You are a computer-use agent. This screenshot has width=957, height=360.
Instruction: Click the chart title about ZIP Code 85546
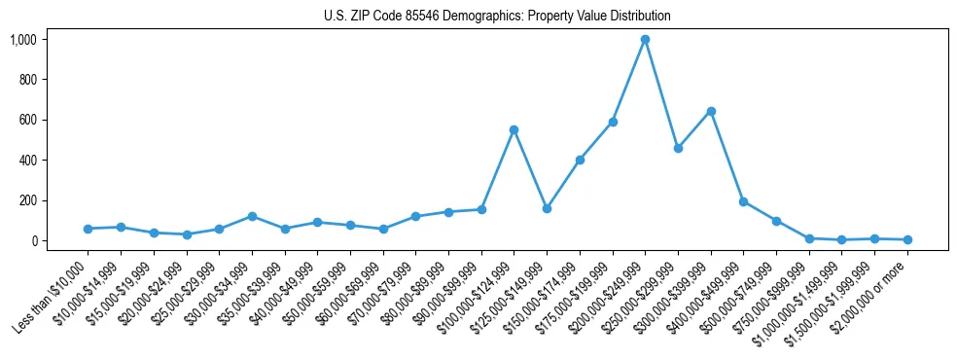point(497,17)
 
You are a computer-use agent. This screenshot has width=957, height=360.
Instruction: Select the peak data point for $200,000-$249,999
point(645,40)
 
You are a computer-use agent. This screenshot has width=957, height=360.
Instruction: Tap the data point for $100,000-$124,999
point(514,129)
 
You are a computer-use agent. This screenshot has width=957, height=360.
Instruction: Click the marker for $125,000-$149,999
point(547,208)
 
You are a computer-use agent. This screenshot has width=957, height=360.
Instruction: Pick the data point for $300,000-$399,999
point(711,111)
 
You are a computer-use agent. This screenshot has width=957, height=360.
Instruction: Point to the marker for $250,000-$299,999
point(678,148)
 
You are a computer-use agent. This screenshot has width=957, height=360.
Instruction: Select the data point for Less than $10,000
point(88,229)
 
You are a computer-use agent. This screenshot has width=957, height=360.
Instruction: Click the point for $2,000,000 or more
point(907,239)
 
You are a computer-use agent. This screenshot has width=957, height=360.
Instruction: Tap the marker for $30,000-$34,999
point(252,216)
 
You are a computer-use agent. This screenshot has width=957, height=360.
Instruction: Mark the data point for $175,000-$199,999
point(613,122)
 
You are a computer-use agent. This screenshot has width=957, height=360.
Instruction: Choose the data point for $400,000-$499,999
point(743,202)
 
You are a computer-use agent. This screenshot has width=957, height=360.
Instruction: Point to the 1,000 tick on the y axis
point(22,40)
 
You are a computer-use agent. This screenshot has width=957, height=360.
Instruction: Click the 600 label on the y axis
point(26,120)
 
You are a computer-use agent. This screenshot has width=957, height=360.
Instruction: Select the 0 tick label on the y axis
point(33,240)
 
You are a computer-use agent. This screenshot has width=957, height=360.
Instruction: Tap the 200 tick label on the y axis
point(26,200)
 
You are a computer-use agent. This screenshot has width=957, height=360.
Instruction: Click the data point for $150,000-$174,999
point(580,160)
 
